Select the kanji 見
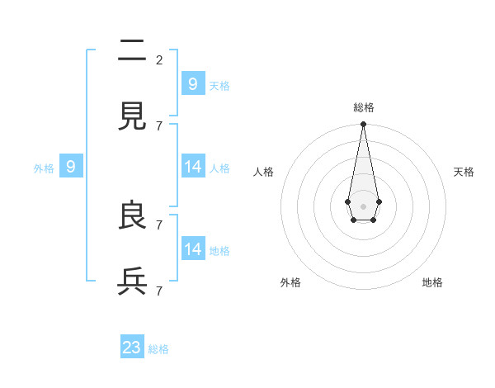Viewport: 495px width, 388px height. coord(133,117)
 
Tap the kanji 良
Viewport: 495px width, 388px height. coord(133,216)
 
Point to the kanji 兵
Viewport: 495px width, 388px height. coord(133,282)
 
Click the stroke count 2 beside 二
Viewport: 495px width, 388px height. coord(159,59)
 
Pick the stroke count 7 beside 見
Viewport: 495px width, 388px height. coord(159,125)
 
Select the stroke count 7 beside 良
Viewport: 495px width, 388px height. coord(159,225)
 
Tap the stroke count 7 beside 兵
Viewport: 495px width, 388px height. coord(159,291)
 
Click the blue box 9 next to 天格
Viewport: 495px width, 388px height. coord(193,83)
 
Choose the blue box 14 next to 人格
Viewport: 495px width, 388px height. coord(193,167)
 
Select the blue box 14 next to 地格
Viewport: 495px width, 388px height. coord(193,249)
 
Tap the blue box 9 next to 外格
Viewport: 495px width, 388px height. coord(71,167)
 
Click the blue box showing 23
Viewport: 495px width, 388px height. coord(132,348)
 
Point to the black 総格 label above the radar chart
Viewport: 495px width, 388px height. coord(364,107)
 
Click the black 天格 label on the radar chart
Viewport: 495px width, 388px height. coord(464,172)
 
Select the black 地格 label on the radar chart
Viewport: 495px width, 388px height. coord(432,282)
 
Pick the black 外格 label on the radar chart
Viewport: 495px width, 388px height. coord(290,282)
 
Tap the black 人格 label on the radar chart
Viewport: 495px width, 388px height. coord(263,172)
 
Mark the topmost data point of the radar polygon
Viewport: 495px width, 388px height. coord(363,125)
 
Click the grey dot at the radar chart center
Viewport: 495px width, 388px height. coord(363,205)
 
